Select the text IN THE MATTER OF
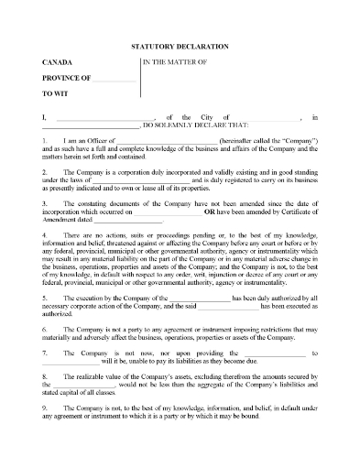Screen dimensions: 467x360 177,61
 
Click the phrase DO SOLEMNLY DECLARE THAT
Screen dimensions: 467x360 180,125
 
